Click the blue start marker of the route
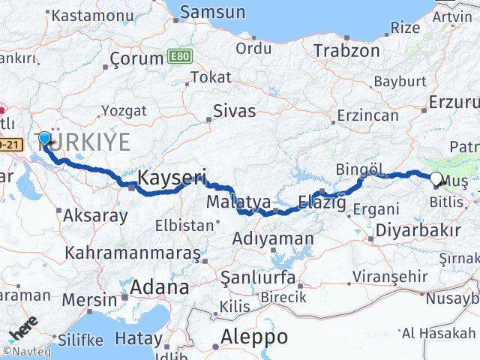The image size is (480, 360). click(44, 138)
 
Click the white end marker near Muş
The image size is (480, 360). click(436, 178)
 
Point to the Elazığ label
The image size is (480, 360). click(322, 201)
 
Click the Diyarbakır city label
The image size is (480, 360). click(418, 230)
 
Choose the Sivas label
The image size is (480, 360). click(234, 112)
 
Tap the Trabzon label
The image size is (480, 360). click(346, 50)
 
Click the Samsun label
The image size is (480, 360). click(213, 12)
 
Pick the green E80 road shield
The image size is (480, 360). click(178, 56)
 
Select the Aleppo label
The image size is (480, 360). click(255, 337)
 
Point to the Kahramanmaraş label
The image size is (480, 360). click(132, 253)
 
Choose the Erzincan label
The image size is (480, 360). click(367, 115)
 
